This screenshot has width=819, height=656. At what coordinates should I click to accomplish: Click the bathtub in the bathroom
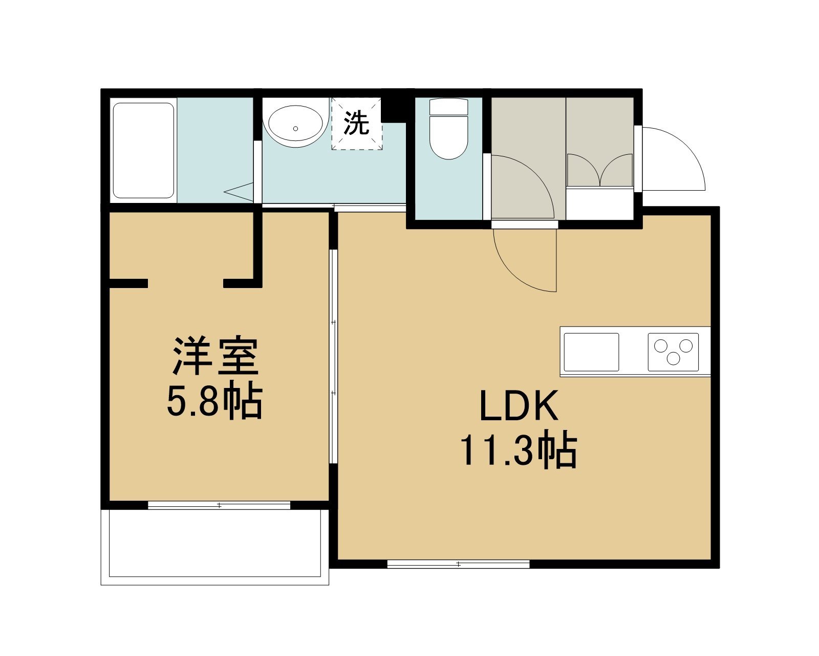143,151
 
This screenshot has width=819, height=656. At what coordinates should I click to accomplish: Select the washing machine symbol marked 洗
357,124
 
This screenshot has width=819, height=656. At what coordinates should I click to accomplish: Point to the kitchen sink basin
591,352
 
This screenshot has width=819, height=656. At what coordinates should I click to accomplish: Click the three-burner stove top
673,352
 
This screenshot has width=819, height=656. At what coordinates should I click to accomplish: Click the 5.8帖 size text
214,402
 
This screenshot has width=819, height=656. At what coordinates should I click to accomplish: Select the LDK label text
519,405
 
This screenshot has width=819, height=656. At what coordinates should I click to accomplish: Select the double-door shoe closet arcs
600,170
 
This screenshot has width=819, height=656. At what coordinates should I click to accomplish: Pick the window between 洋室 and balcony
219,505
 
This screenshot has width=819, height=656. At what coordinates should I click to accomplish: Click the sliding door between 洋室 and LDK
333,356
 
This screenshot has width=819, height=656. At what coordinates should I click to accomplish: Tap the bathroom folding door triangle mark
239,192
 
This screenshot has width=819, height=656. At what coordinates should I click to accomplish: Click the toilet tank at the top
449,107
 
